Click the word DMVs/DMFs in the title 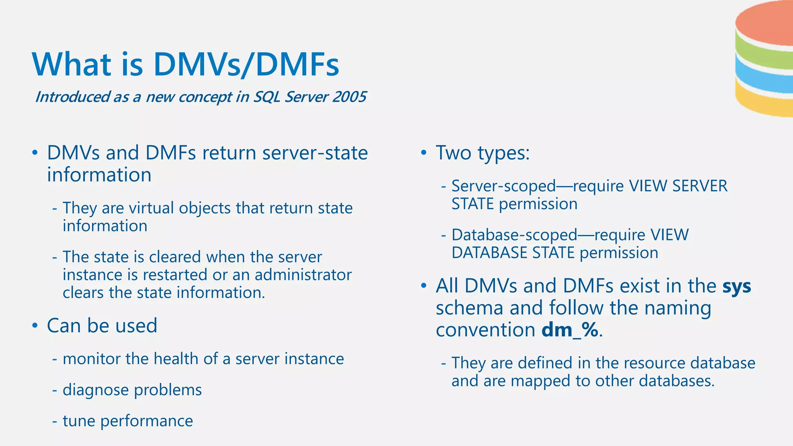[x=246, y=64]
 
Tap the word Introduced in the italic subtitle [x=72, y=97]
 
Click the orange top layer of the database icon [x=765, y=25]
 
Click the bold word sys [x=737, y=286]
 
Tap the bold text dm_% [x=570, y=330]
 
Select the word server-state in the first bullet [x=315, y=153]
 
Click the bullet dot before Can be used [x=35, y=326]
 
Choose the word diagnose [x=96, y=390]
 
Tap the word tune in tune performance [x=79, y=421]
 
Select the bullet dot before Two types [x=424, y=153]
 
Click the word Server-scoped [x=503, y=186]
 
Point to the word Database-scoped [x=514, y=235]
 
